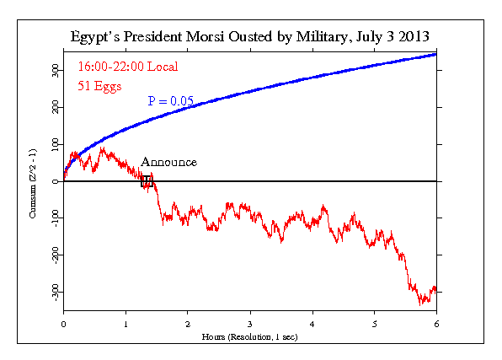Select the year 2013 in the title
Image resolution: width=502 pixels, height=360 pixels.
pos(413,39)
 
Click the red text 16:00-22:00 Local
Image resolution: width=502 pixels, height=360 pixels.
pos(127,66)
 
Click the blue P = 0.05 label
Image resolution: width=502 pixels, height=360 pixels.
pos(171,101)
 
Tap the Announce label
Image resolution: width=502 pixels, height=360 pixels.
pos(168,162)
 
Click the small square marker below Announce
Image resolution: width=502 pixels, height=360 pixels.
pos(147,180)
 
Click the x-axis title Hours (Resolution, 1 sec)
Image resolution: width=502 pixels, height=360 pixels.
pos(250,336)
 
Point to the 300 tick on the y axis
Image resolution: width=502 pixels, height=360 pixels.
pos(54,72)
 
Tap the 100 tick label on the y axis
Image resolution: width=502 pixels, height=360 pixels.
pos(54,145)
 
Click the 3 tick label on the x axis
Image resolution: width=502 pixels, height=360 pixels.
pos(250,323)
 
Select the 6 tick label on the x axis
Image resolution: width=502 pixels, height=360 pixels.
pos(436,323)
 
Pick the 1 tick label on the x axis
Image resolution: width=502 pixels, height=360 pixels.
pos(125,323)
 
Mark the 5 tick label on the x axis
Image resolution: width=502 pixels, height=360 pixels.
pos(374,323)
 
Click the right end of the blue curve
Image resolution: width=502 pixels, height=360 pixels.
pos(435,54)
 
